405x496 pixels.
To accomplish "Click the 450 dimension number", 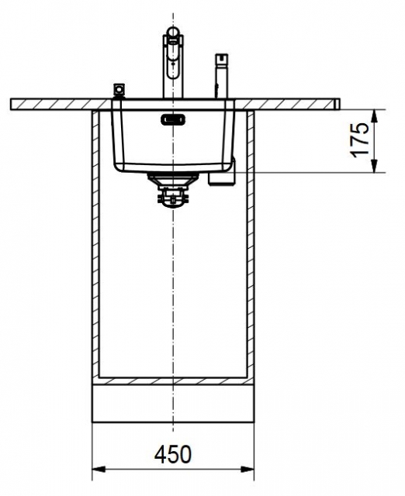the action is tap(173, 455).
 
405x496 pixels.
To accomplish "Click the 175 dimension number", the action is tap(360, 140).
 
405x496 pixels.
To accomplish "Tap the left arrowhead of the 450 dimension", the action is tap(99, 469).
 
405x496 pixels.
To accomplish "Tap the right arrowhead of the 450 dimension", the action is tap(247, 469).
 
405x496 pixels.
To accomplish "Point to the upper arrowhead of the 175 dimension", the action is tap(374, 116).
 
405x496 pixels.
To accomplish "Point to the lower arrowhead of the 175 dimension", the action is tap(374, 166).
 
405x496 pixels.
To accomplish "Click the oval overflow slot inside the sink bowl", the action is tap(173, 120).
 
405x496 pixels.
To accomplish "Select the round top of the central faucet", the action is tap(173, 32).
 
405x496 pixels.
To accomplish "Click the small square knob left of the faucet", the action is tap(119, 89).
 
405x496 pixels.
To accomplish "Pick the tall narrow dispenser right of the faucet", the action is tap(221, 76).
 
